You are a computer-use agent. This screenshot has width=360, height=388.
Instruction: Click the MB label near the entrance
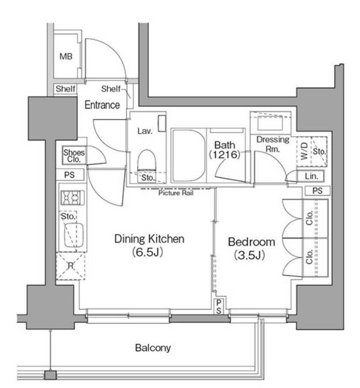66,57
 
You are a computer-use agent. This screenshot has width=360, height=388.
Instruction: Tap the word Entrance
102,105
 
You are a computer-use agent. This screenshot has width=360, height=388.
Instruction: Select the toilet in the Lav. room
147,160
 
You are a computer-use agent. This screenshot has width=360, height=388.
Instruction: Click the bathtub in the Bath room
189,155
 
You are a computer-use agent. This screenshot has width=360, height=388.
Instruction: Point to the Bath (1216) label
224,150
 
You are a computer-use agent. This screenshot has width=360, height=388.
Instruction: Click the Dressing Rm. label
273,144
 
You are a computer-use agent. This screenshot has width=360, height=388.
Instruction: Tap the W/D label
304,151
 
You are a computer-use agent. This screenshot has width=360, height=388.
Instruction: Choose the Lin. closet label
312,176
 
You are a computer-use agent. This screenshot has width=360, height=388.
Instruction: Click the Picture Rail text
176,193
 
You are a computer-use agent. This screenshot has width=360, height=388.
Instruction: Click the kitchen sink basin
74,235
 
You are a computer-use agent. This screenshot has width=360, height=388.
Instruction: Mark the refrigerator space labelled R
71,266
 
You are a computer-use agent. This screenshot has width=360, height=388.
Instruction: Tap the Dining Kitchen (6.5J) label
150,246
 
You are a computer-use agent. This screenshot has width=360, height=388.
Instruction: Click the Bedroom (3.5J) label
251,248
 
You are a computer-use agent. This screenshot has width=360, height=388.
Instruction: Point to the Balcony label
153,348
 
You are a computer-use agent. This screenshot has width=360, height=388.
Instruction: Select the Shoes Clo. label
74,156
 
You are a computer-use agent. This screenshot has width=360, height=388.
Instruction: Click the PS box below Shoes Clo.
70,175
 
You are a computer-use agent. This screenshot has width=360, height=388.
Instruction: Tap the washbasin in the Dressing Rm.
270,123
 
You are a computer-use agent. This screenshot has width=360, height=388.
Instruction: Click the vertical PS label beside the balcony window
219,307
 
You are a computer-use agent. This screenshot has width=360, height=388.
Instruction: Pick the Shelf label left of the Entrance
65,89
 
